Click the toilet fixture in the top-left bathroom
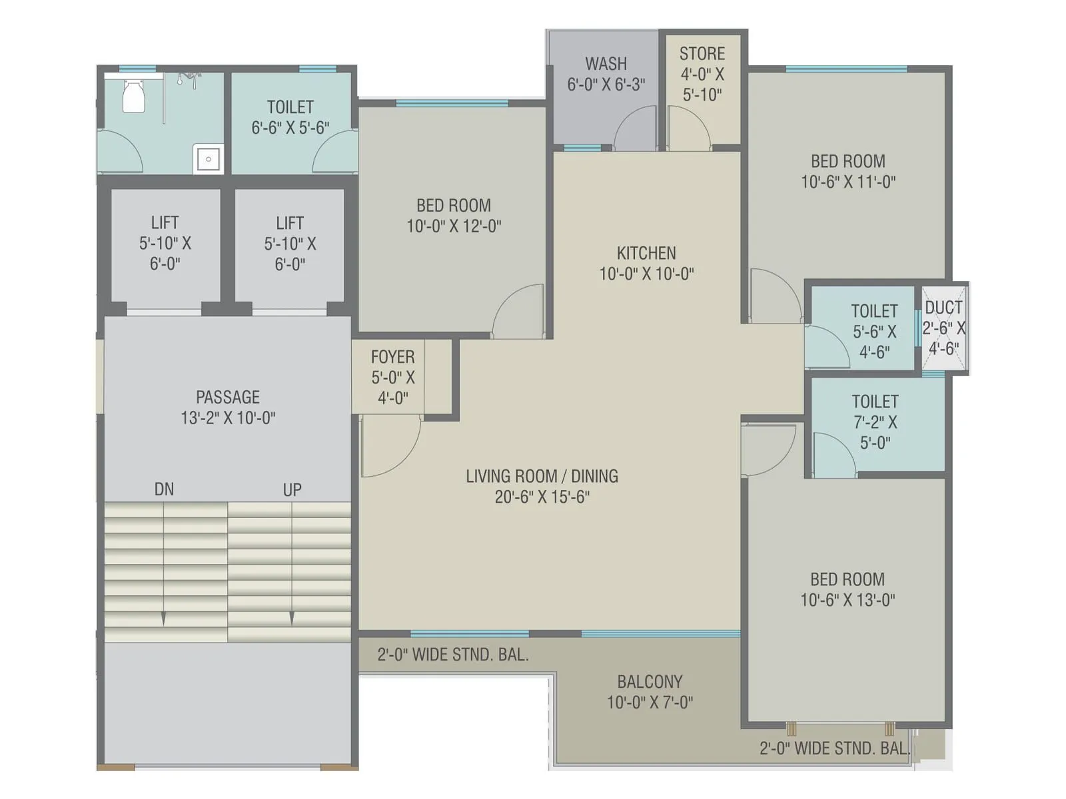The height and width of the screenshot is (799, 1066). click(134, 96)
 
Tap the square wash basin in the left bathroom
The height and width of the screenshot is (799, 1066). click(208, 159)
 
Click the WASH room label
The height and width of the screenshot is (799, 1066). click(606, 64)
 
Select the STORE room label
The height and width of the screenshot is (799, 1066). click(702, 54)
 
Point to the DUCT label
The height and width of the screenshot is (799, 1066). click(943, 308)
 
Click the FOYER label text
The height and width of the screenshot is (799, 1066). click(392, 357)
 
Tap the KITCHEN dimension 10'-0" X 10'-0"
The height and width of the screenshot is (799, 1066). click(646, 274)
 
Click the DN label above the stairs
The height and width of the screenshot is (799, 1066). click(164, 489)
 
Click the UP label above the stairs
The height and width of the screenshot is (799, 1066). click(292, 490)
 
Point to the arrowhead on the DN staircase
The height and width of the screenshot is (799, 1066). click(163, 619)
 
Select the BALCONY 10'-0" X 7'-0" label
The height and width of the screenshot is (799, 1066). click(650, 692)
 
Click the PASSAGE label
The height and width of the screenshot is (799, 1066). click(228, 398)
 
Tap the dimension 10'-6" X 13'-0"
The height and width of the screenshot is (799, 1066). click(847, 600)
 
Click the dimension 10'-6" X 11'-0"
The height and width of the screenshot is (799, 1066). click(848, 182)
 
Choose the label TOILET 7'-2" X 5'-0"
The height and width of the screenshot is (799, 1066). click(875, 421)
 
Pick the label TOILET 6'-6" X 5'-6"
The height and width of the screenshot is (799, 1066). click(290, 117)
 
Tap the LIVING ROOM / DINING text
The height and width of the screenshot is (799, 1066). click(542, 476)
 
